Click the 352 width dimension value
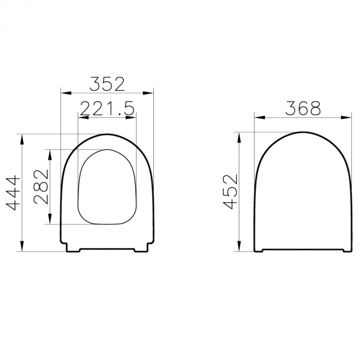click(x=107, y=83)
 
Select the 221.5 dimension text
click(x=107, y=108)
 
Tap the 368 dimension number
click(x=303, y=108)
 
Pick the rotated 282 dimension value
click(x=42, y=187)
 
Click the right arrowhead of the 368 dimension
click(x=347, y=118)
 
